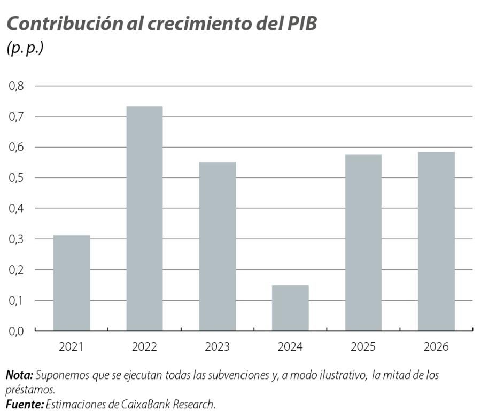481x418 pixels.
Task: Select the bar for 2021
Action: point(72,283)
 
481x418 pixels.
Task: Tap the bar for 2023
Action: point(218,246)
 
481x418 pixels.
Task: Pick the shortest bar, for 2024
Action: point(290,308)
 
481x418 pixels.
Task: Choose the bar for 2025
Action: point(363,243)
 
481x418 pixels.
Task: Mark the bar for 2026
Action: point(436,241)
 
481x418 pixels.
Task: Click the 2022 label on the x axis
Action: point(144,347)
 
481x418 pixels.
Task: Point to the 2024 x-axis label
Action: point(290,347)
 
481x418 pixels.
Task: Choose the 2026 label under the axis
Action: point(436,347)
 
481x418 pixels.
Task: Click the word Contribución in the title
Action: point(59,24)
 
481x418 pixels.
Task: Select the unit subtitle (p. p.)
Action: point(25,48)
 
